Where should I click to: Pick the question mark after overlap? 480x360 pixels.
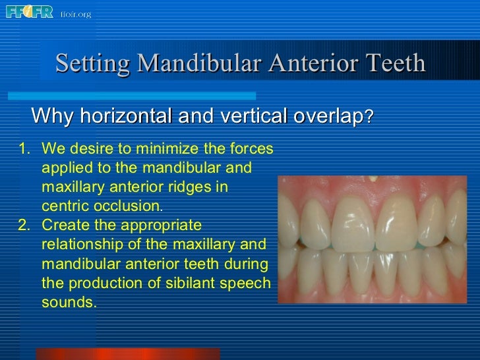click(x=370, y=117)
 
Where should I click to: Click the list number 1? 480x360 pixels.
click(x=23, y=148)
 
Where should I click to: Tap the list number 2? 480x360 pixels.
click(x=23, y=225)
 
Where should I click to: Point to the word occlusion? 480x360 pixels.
click(x=126, y=206)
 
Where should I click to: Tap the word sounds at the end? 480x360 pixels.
click(x=68, y=303)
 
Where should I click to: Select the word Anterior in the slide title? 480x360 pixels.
click(x=309, y=64)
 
